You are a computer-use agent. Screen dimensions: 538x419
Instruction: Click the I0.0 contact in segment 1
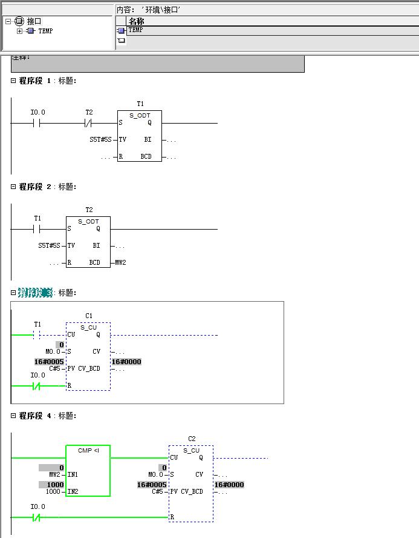[x=37, y=124]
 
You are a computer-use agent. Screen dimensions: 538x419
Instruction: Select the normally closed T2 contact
[x=89, y=124]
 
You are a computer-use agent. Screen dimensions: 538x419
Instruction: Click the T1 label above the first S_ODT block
[x=140, y=104]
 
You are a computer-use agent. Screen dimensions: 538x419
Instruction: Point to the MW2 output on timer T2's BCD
[x=120, y=262]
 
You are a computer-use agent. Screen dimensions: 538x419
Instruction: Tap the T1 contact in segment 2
[x=37, y=230]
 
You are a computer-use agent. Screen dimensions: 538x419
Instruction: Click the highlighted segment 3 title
[x=35, y=293]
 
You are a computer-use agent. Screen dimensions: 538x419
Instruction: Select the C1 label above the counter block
[x=89, y=316]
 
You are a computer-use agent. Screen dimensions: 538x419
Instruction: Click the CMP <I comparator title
[x=88, y=450]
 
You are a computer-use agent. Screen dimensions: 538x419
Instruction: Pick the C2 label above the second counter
[x=192, y=439]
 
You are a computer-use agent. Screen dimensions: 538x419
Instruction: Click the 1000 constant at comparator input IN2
[x=54, y=492]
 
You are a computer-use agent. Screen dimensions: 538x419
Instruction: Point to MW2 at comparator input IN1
[x=55, y=474]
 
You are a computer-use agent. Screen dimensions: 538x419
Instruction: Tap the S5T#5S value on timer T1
[x=100, y=140]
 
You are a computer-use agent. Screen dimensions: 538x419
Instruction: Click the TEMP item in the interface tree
[x=45, y=31]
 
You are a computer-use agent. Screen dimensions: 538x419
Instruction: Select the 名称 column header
[x=137, y=21]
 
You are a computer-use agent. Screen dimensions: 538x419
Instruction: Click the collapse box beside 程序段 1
[x=13, y=81]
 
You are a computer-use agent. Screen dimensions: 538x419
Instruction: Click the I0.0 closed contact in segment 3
[x=37, y=385]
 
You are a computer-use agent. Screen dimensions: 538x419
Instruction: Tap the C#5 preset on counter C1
[x=54, y=368]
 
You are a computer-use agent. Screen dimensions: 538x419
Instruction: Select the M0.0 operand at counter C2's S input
[x=156, y=474]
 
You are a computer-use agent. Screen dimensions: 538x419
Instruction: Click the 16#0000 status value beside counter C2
[x=229, y=485]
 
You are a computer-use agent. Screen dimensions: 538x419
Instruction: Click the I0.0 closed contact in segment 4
[x=37, y=517]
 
